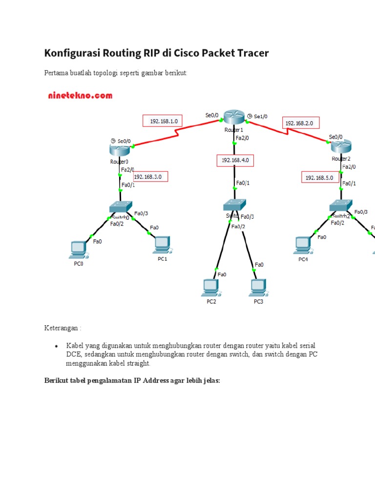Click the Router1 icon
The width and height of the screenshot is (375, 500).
234,118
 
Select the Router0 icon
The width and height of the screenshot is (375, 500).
120,150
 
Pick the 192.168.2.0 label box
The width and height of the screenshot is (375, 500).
302,124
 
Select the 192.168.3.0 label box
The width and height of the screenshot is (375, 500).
150,176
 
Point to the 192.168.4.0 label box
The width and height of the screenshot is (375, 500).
236,160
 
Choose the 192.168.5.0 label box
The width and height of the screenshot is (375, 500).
319,178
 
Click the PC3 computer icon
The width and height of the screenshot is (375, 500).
258,287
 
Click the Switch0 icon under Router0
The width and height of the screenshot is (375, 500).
121,207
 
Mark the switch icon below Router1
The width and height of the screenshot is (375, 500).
235,205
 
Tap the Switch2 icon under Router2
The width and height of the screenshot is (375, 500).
340,206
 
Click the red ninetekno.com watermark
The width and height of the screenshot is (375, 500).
80,96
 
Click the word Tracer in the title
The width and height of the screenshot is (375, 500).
250,53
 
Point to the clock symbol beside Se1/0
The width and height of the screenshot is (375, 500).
250,116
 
